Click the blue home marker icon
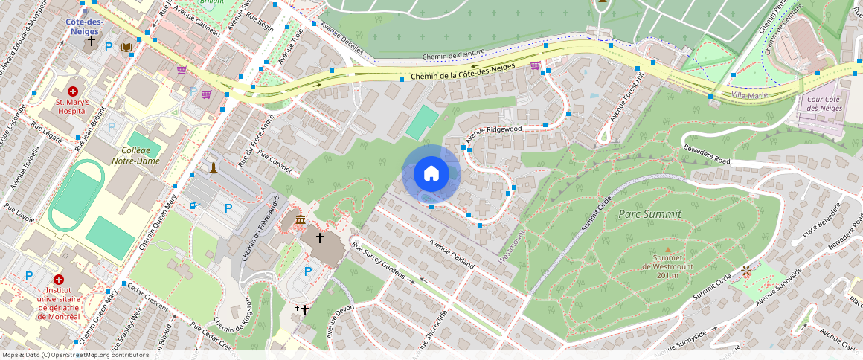[431, 174]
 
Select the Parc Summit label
[649, 214]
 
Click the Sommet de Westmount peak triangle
[667, 251]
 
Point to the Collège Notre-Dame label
[135, 155]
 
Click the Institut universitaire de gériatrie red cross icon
[58, 280]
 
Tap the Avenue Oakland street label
[452, 253]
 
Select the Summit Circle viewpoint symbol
[745, 271]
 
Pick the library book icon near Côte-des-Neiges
[126, 47]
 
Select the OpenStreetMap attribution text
[76, 355]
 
